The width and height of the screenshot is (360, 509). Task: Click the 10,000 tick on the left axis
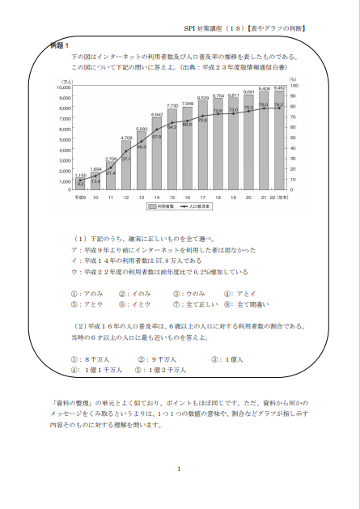pos(64,87)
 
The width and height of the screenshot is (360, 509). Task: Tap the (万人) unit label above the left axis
pos(68,80)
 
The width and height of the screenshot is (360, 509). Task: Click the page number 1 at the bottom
pos(179,469)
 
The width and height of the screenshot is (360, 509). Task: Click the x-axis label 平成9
pos(81,197)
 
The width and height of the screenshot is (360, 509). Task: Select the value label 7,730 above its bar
pos(172,106)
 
